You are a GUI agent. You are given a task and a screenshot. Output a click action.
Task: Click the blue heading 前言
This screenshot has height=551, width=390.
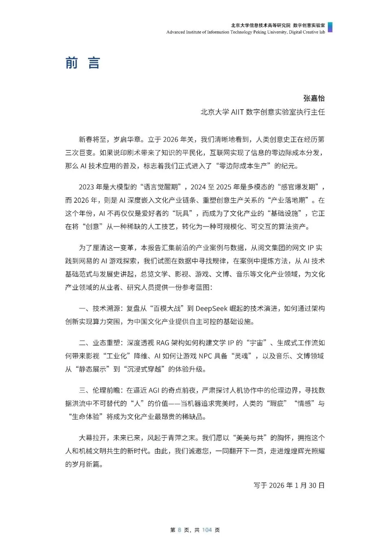pyautogui.click(x=82, y=63)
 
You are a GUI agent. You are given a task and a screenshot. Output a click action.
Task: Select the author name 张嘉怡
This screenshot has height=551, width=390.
pyautogui.click(x=314, y=98)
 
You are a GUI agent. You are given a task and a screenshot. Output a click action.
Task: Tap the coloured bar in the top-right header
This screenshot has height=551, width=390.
pyautogui.click(x=330, y=27)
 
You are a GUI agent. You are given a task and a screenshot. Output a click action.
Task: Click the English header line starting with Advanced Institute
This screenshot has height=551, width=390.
pyautogui.click(x=246, y=32)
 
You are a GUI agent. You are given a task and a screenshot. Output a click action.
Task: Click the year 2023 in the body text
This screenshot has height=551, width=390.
pyautogui.click(x=87, y=187)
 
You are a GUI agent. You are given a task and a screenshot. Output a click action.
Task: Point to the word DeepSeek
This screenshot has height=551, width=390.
pyautogui.click(x=211, y=308)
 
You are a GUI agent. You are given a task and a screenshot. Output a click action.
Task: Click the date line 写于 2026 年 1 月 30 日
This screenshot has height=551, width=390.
pyautogui.click(x=289, y=485)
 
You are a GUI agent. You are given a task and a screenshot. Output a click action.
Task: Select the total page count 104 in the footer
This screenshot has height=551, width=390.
pyautogui.click(x=207, y=530)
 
